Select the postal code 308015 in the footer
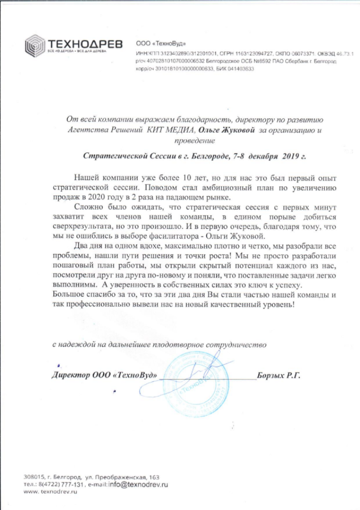coord(35,477)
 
